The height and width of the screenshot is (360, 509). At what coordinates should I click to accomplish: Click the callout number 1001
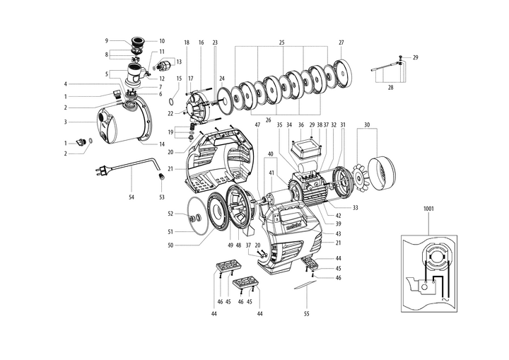(x=428, y=209)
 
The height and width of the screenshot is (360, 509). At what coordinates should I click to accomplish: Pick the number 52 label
(x=170, y=213)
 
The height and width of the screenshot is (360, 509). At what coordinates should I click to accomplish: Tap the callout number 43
(x=338, y=233)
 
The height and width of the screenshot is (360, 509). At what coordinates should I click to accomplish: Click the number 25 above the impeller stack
(x=281, y=42)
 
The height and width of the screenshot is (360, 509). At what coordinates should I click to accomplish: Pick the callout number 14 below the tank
(x=161, y=143)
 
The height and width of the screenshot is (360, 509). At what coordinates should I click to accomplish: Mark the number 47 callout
(x=257, y=124)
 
